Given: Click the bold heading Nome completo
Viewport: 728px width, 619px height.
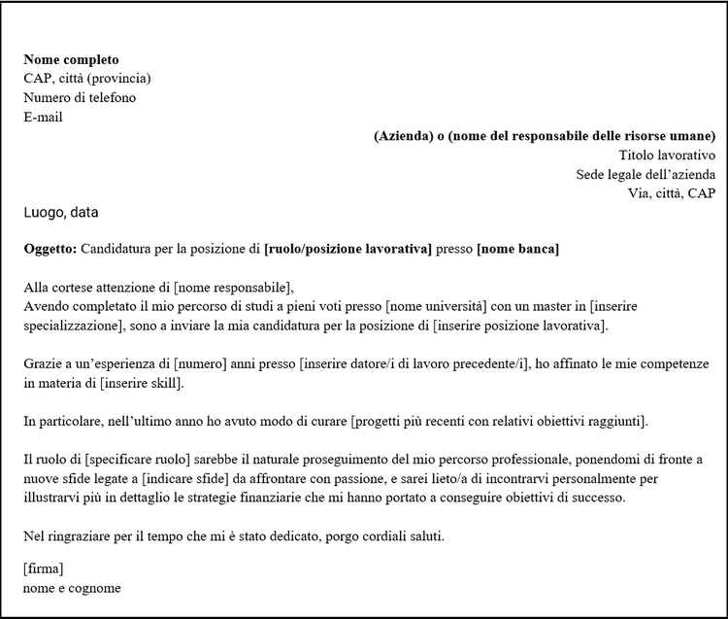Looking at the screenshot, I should pyautogui.click(x=71, y=59).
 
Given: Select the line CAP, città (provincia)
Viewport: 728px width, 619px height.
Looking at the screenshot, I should pyautogui.click(x=87, y=79).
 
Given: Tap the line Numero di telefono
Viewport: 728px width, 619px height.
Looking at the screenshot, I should pyautogui.click(x=80, y=98).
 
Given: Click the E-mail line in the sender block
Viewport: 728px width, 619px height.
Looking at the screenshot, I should pyautogui.click(x=44, y=118).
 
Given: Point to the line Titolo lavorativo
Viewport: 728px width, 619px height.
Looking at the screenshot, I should pyautogui.click(x=667, y=155).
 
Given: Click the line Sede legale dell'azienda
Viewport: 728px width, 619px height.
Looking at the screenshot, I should pyautogui.click(x=645, y=175).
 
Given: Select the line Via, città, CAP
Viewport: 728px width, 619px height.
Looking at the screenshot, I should pyautogui.click(x=672, y=193).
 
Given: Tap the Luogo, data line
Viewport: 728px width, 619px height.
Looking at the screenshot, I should pyautogui.click(x=61, y=212).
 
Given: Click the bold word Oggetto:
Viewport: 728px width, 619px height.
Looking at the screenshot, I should pyautogui.click(x=50, y=250).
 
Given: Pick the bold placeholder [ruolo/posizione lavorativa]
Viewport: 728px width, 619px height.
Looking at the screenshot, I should pyautogui.click(x=347, y=250).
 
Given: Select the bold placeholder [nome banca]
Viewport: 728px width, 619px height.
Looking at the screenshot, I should pyautogui.click(x=517, y=250).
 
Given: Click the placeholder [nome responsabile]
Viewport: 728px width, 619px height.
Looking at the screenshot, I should pyautogui.click(x=231, y=288).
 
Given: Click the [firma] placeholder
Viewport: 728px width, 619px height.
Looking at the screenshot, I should pyautogui.click(x=43, y=568).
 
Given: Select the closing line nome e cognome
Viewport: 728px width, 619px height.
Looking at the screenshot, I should pyautogui.click(x=72, y=588).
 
